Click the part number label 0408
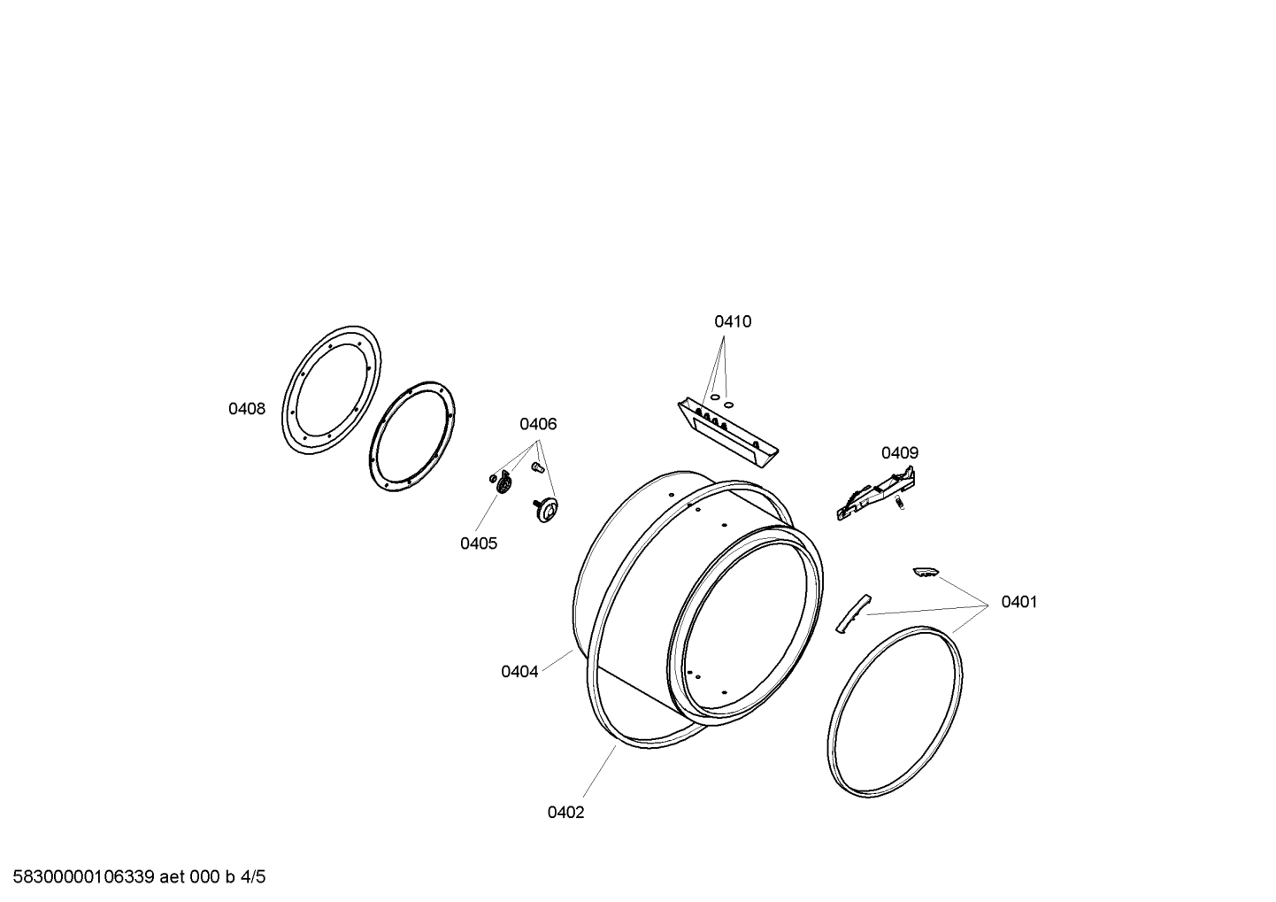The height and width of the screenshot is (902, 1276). coord(247,409)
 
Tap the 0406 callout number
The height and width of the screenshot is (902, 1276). coord(538,424)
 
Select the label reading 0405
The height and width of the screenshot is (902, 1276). coord(478,544)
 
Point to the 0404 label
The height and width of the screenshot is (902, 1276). coord(519,671)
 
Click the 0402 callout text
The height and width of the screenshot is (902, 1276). coord(565,813)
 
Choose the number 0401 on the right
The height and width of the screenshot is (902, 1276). coord(1018,602)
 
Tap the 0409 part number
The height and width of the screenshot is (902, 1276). coord(899,453)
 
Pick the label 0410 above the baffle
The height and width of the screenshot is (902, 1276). coord(733,321)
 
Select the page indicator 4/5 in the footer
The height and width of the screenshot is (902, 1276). coord(253,877)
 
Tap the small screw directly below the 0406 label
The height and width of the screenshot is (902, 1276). coord(535,465)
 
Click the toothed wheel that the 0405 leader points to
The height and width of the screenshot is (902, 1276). coord(505,485)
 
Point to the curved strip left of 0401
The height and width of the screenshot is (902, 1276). coord(850,613)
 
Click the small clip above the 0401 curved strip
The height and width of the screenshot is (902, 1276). coord(925,573)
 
